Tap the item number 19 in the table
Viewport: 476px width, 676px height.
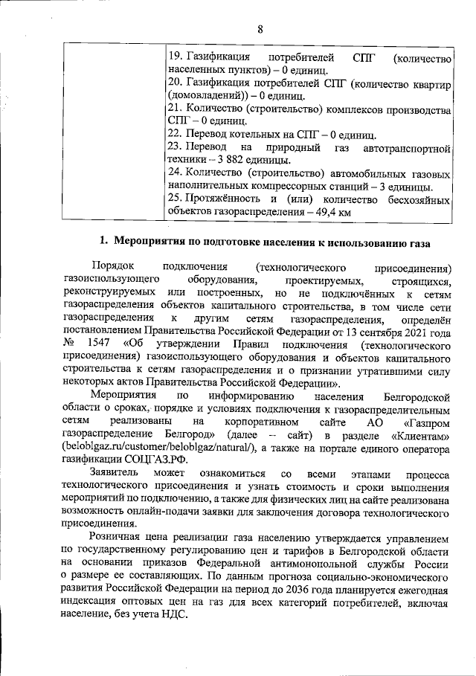tap(175, 57)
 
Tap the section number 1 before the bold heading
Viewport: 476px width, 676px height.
tap(104, 241)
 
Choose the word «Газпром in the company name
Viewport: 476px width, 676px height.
tap(430, 422)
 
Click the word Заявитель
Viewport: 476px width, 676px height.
tap(112, 474)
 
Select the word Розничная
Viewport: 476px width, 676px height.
tap(117, 538)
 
